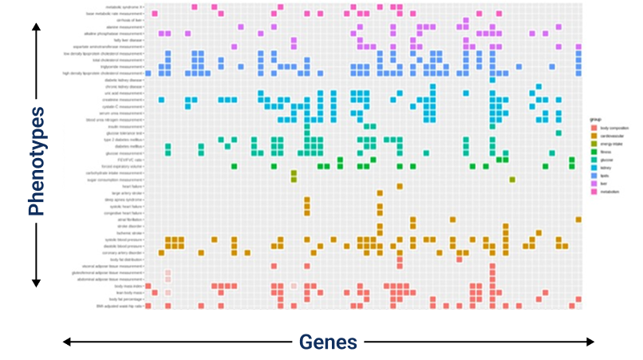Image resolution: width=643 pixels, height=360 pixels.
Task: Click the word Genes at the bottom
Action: [x=328, y=342]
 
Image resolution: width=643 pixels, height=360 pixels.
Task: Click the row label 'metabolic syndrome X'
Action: [x=124, y=6]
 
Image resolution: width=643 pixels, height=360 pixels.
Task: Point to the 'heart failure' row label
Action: [x=132, y=186]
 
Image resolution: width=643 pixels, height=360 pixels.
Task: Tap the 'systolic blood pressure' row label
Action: [x=124, y=239]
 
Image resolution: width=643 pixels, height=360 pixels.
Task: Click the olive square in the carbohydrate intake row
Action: [x=294, y=173]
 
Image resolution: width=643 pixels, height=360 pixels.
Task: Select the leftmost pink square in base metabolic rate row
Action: [x=155, y=14]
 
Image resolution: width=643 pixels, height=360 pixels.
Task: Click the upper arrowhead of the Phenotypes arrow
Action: [x=35, y=26]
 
